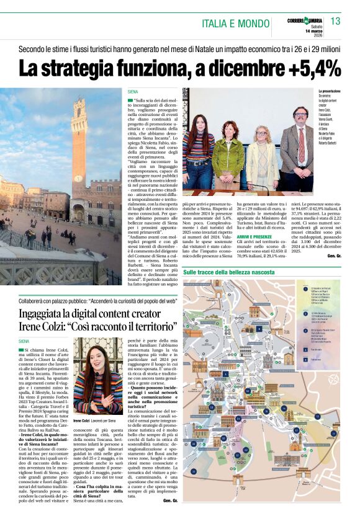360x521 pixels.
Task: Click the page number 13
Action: click(335, 22)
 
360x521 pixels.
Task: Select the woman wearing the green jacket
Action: click(228, 154)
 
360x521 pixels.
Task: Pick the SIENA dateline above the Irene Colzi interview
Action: click(24, 341)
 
